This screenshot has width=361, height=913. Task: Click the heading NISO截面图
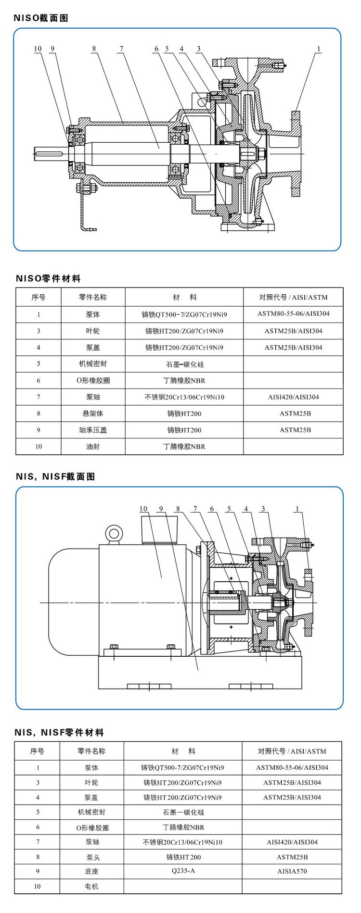tap(41, 18)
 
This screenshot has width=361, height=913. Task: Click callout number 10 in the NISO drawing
tap(38, 49)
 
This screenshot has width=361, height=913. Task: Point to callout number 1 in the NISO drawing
tap(318, 49)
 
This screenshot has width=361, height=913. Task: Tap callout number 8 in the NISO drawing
tap(94, 49)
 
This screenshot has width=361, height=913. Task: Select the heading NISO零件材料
tap(48, 278)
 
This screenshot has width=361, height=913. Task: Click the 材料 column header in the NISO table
tap(184, 297)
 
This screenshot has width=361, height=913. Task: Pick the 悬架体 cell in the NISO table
tap(93, 413)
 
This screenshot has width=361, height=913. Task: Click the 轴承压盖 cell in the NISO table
tap(93, 430)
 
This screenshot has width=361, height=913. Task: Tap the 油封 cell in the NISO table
tap(93, 447)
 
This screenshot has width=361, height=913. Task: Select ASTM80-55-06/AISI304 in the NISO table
tap(293, 314)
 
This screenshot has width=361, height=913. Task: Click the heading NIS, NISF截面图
tap(55, 476)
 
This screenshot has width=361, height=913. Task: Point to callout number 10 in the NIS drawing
tap(143, 509)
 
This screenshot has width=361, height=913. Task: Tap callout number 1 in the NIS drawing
tap(297, 509)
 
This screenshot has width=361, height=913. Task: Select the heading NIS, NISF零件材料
tap(59, 733)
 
